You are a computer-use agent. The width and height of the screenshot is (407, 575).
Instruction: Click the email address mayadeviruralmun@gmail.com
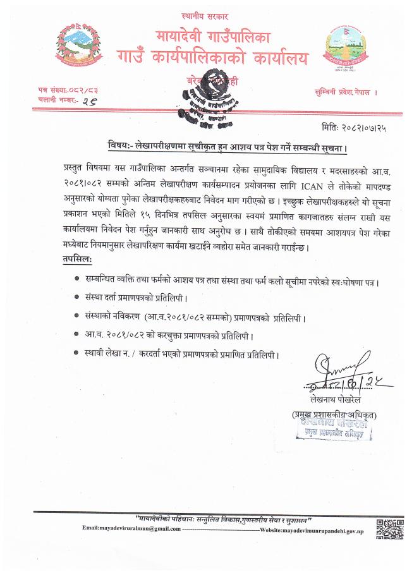[127, 528]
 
